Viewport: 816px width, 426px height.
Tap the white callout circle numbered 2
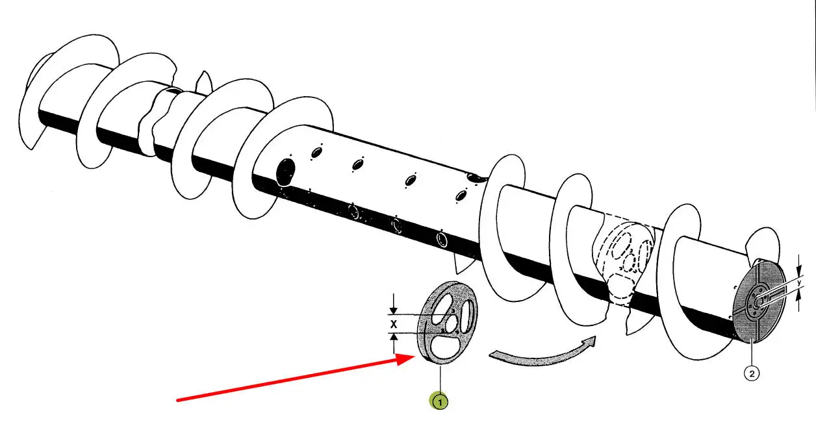(752, 373)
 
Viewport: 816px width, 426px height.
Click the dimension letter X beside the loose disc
(393, 323)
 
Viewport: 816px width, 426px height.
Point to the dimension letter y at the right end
(798, 282)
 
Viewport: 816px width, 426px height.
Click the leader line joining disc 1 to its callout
(440, 380)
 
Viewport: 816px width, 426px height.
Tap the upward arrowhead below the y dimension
(798, 293)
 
